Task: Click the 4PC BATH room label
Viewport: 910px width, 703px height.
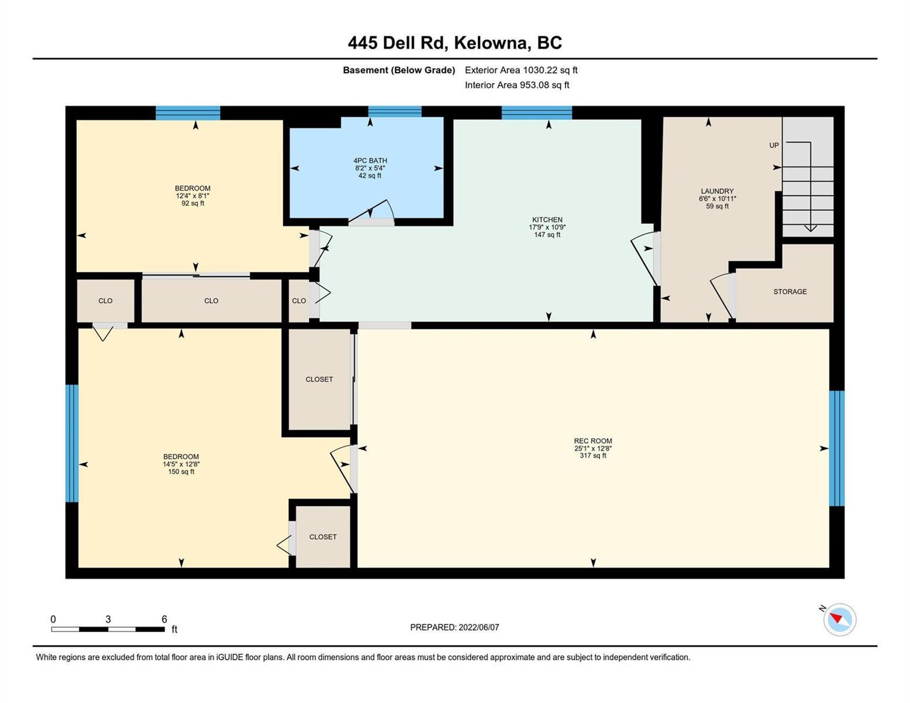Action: click(x=370, y=161)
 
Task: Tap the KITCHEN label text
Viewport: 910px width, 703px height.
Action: click(x=547, y=220)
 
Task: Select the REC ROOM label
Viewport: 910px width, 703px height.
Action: click(x=592, y=441)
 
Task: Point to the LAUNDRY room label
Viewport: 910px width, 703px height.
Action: click(x=717, y=191)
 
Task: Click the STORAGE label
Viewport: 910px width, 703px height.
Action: click(x=790, y=291)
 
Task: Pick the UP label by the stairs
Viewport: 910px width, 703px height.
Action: click(x=774, y=145)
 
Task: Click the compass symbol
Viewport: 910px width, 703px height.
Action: click(x=839, y=619)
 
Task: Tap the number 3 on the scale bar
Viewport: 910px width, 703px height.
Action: click(x=108, y=619)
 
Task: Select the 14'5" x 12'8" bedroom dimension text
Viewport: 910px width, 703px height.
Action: click(x=181, y=464)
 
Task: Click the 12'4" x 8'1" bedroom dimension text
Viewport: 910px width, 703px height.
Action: click(x=192, y=196)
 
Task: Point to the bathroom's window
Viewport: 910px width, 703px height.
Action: click(x=394, y=111)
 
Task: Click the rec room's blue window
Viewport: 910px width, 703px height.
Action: click(x=837, y=448)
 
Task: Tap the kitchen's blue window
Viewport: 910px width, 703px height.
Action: click(x=537, y=112)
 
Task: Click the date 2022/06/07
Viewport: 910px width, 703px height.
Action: click(x=479, y=627)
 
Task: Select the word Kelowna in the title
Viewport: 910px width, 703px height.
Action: click(x=490, y=43)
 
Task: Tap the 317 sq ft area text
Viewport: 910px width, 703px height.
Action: click(x=592, y=456)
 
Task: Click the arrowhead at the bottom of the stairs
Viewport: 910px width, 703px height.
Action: click(x=810, y=228)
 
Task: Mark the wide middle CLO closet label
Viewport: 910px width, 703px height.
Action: click(x=211, y=301)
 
